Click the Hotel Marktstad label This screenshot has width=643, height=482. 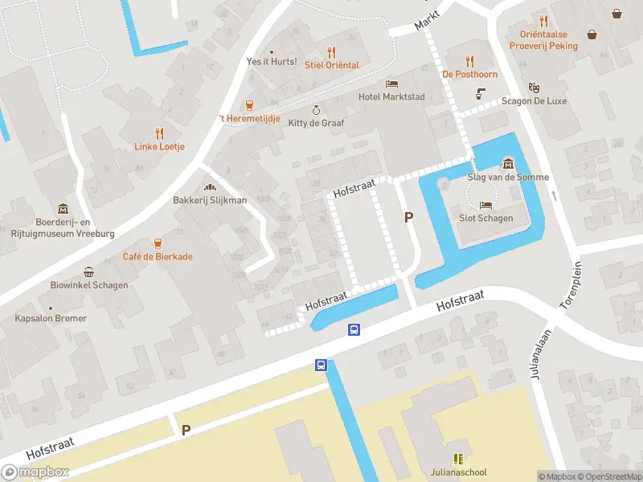pos(391,97)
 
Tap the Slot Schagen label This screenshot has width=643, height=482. pos(485,218)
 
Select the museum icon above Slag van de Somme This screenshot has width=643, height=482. pos(507,164)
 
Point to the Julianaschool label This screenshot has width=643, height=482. pos(458,472)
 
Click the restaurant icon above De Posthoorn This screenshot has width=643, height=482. pos(470,60)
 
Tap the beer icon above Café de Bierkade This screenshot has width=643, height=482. pos(158,243)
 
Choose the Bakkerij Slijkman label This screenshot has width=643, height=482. pos(210,200)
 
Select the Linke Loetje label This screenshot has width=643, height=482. pos(159,146)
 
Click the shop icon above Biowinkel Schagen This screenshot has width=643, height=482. pos(88,272)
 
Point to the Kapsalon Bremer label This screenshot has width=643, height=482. pos(51,318)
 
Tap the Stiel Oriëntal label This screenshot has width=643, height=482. pos(331,65)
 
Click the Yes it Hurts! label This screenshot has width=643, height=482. pos(272,62)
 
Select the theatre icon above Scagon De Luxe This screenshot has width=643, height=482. pos(533,88)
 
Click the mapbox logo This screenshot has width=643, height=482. pos(35,472)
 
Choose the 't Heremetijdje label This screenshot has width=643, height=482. pos(249,118)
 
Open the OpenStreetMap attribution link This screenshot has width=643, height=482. pos(609,476)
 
